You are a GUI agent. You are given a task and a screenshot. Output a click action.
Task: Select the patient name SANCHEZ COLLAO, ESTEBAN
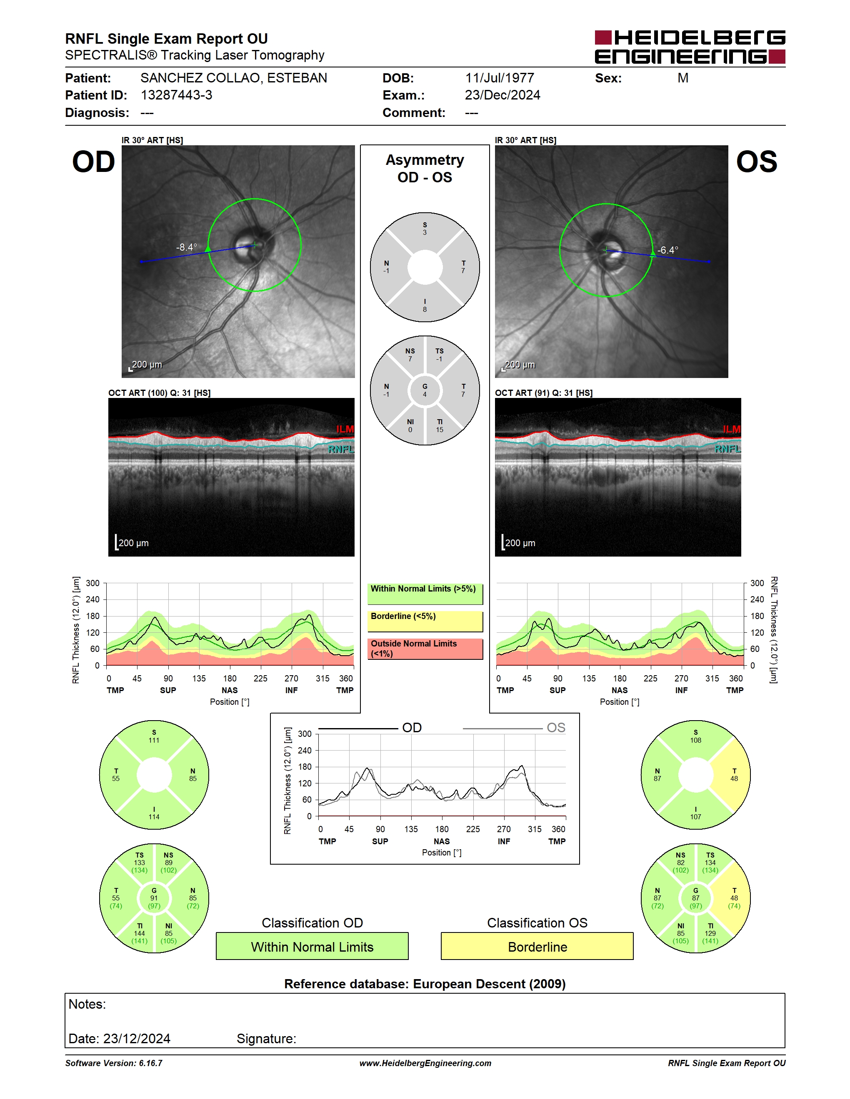click(x=234, y=78)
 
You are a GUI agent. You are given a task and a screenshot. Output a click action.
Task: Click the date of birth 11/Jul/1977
click(x=500, y=78)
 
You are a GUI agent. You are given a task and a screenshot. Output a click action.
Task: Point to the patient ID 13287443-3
click(x=176, y=95)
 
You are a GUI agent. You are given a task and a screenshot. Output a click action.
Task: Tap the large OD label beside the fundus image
click(x=94, y=162)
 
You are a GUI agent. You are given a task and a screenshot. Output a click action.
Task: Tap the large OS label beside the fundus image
click(x=756, y=162)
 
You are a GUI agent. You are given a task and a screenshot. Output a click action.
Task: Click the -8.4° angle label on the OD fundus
click(x=186, y=247)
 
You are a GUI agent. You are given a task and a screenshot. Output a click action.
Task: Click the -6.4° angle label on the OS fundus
click(x=668, y=250)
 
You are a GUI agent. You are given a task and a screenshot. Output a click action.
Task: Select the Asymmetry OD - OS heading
click(x=425, y=169)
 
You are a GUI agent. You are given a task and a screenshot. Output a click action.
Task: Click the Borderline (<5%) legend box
click(x=425, y=622)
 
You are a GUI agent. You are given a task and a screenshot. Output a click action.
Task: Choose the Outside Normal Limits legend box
click(x=425, y=649)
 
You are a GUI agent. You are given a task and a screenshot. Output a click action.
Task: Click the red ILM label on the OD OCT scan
click(x=345, y=429)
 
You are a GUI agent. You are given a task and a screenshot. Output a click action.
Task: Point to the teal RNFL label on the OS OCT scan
click(x=727, y=449)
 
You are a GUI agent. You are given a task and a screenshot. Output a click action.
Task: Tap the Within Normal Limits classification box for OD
click(x=312, y=946)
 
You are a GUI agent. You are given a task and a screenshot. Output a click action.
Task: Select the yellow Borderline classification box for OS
click(x=537, y=946)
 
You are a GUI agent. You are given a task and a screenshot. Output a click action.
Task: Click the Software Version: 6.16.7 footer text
click(x=114, y=1063)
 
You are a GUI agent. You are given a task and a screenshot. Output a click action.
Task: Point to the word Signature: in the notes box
click(x=266, y=1039)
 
